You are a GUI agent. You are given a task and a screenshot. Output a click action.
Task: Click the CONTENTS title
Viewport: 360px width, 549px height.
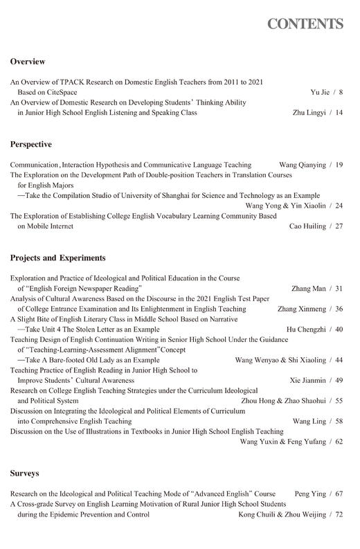coord(305,25)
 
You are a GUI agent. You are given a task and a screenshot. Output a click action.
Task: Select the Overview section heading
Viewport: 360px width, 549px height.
coord(28,62)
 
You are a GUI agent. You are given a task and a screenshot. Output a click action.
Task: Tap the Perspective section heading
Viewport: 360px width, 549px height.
coord(31,145)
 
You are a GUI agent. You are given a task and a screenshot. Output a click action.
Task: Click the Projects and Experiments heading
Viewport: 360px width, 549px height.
coord(57,258)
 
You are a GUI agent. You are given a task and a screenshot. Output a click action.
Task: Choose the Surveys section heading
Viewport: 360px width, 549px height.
coord(24,474)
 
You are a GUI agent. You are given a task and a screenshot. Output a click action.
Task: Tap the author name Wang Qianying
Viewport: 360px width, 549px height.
coord(302,165)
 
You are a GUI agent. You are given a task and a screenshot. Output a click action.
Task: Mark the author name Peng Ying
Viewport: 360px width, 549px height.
coord(309,494)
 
